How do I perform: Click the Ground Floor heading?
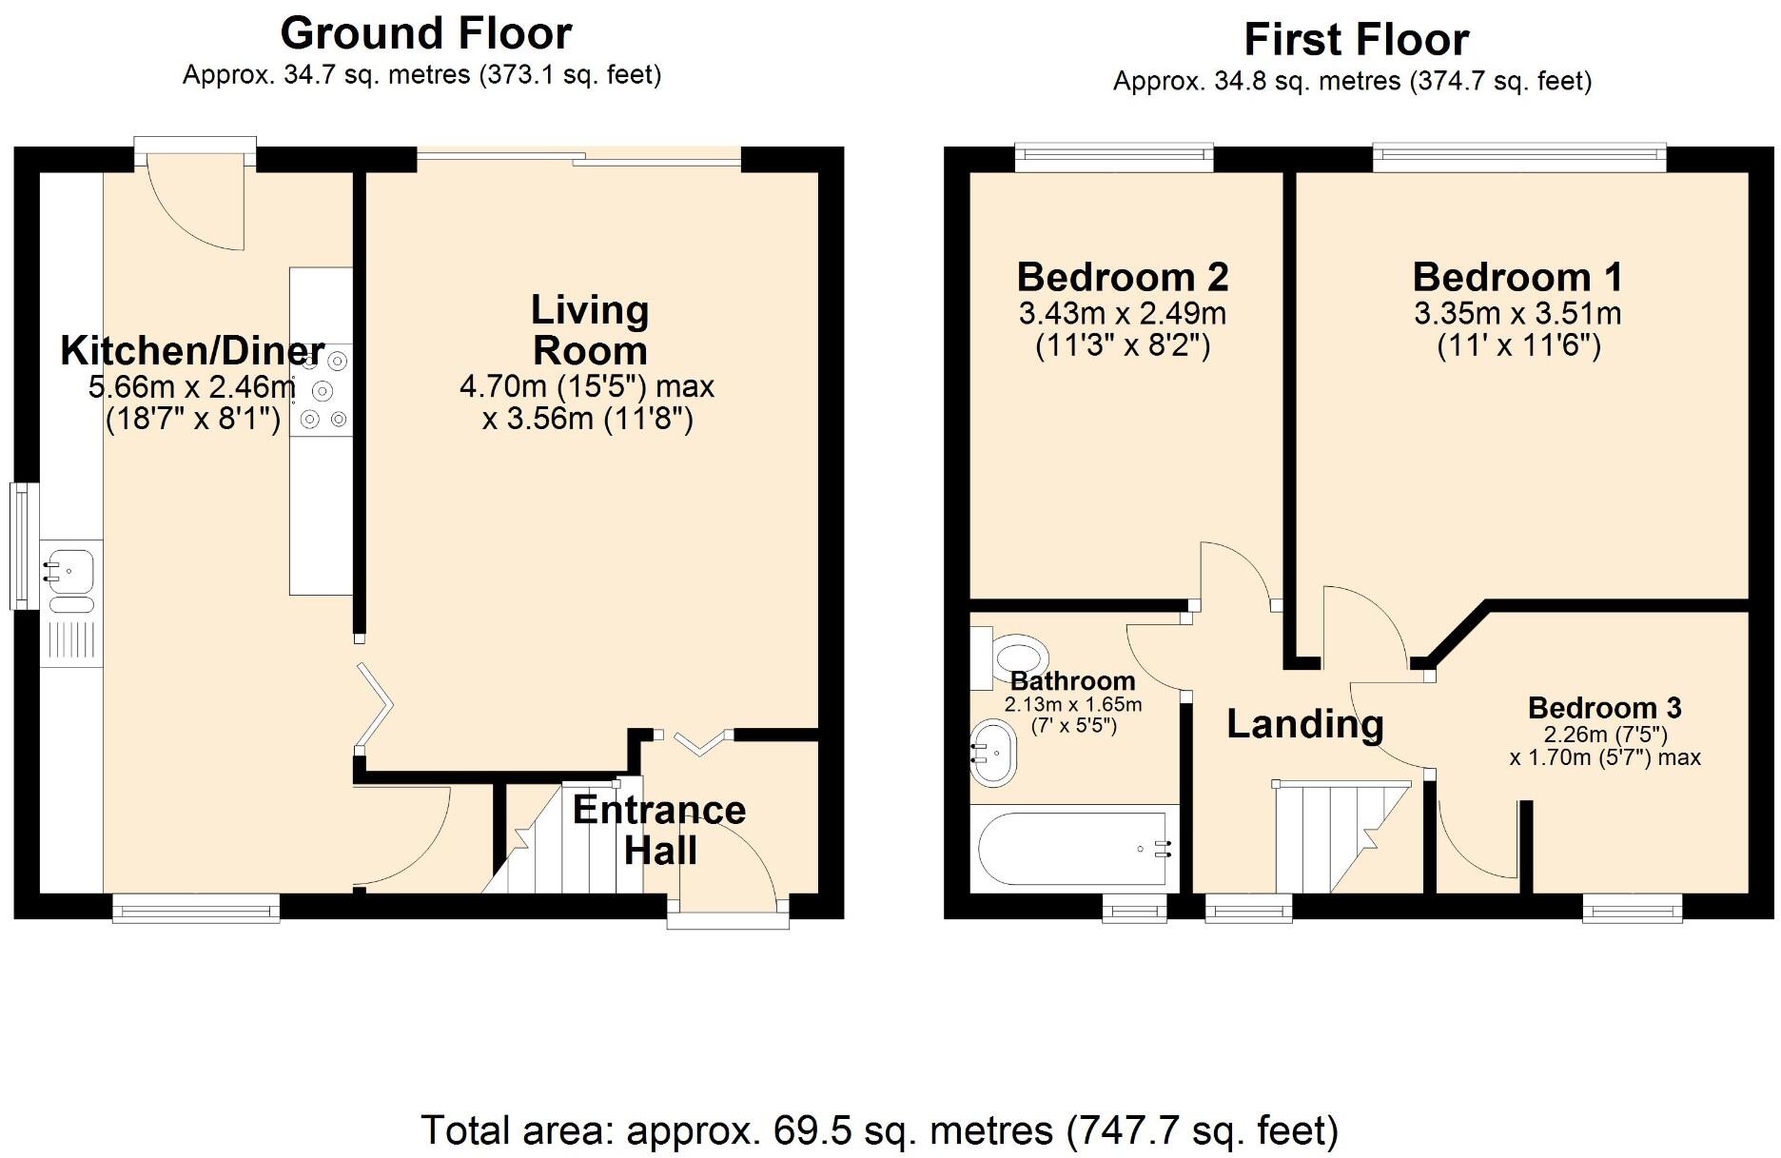click(425, 34)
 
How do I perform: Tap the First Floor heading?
click(1356, 40)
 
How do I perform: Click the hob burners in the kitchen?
click(323, 390)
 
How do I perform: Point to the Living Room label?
click(590, 330)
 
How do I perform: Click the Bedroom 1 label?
click(1517, 278)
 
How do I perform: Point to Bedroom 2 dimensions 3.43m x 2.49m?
click(1123, 313)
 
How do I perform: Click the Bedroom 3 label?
click(1604, 708)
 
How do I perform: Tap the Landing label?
click(1304, 724)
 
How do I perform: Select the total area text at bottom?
click(879, 1130)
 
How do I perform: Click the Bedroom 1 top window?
click(1518, 157)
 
